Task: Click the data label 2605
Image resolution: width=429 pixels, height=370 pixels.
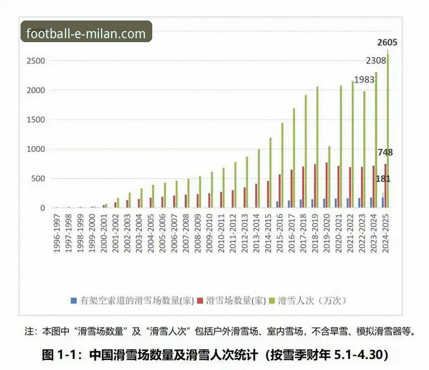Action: [x=387, y=42]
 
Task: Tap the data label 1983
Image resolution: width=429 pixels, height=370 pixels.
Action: [x=364, y=79]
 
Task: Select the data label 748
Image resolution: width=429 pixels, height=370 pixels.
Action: [x=386, y=152]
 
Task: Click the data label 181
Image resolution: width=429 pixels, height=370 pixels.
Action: [x=382, y=179]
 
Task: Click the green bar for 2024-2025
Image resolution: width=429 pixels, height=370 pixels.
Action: [x=387, y=130]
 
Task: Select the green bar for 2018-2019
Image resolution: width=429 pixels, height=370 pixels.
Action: [x=317, y=147]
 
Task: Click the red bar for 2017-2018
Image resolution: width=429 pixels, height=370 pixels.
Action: [x=303, y=187]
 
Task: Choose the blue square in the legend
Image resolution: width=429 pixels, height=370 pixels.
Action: [x=74, y=301]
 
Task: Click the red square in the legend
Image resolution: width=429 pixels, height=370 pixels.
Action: [x=200, y=301]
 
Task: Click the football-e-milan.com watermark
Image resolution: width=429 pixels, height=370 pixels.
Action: [x=86, y=33]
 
